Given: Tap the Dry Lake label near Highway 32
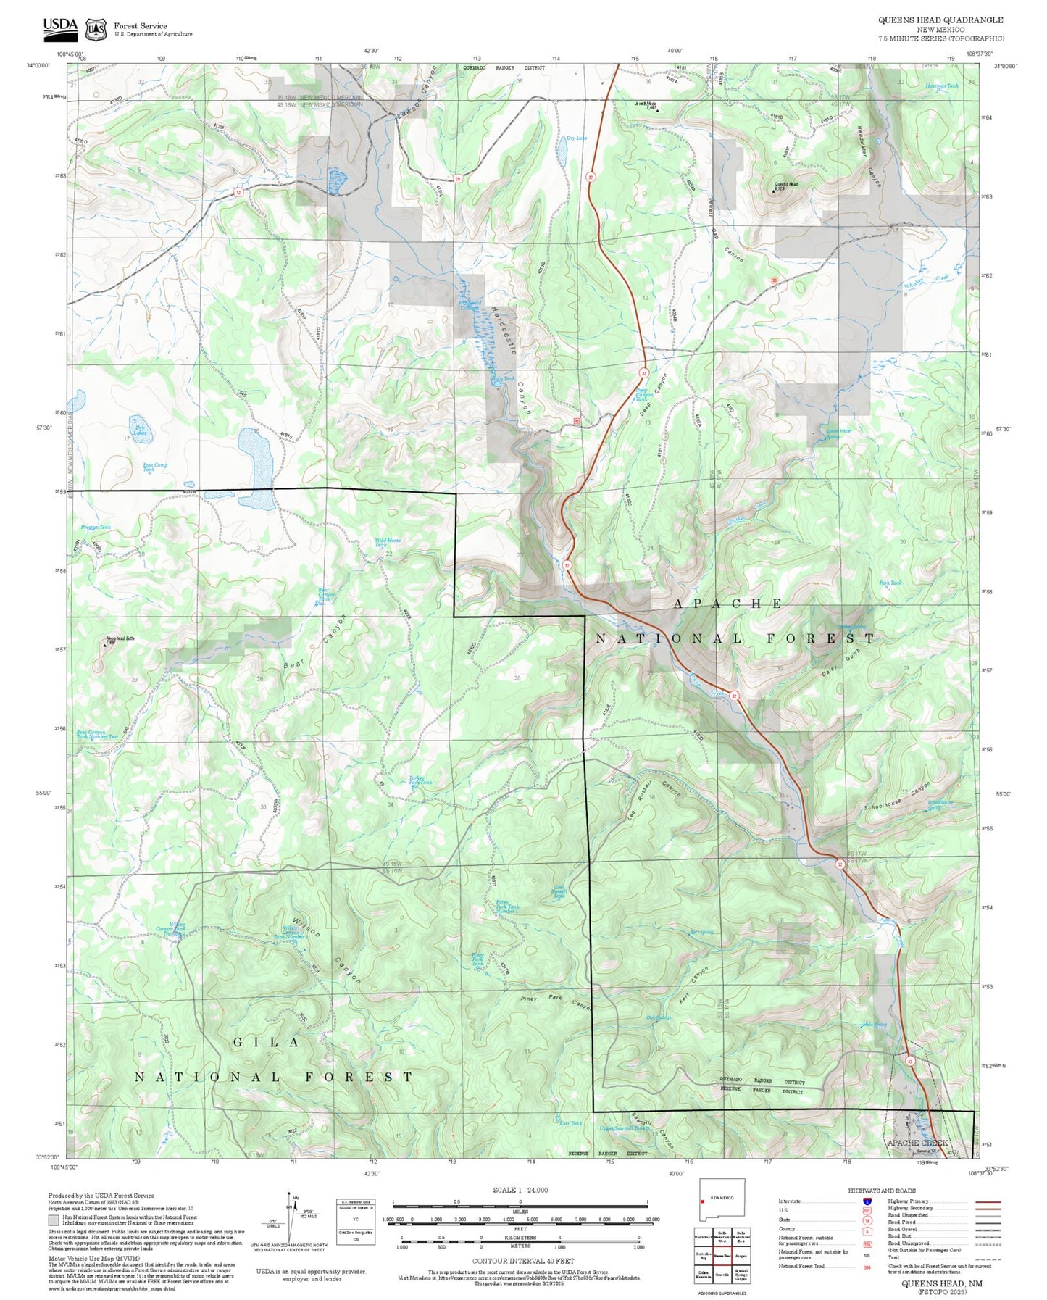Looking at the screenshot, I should click(576, 138).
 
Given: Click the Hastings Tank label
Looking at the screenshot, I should click(941, 86).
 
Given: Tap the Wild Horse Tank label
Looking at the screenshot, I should click(387, 541).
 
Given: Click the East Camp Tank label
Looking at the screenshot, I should click(154, 467).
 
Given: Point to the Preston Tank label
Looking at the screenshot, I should click(96, 528).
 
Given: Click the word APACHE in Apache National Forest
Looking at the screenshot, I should click(727, 604).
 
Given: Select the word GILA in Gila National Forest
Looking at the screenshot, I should click(266, 1042).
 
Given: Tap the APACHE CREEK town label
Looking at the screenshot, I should click(917, 1143).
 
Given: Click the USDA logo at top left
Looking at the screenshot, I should click(60, 28).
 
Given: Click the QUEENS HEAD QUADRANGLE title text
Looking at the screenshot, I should click(940, 20).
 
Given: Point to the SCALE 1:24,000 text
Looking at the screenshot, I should click(520, 1190).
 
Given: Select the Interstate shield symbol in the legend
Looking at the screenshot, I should click(867, 1201).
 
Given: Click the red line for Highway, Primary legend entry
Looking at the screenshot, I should click(988, 1201).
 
